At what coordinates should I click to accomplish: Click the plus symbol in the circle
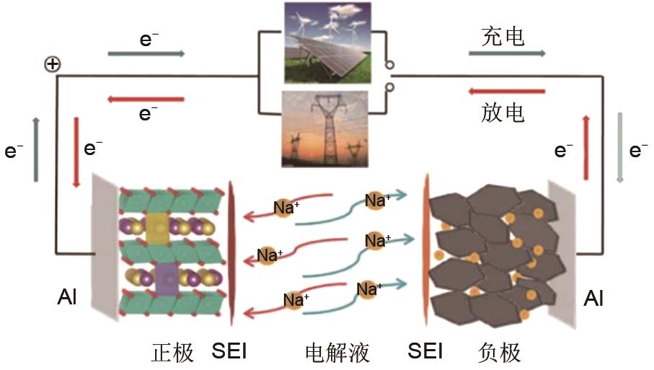click(52, 65)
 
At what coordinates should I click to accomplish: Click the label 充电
click(503, 37)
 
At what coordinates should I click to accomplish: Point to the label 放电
click(503, 113)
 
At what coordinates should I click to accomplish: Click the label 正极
click(173, 353)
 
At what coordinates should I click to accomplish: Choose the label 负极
click(499, 353)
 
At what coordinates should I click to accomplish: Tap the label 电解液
click(337, 353)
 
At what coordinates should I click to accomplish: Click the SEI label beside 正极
click(229, 352)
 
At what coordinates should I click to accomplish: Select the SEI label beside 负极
click(425, 352)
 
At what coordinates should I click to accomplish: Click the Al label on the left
click(66, 296)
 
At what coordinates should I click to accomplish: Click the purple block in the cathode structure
click(166, 276)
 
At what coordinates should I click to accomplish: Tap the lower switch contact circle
click(390, 88)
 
